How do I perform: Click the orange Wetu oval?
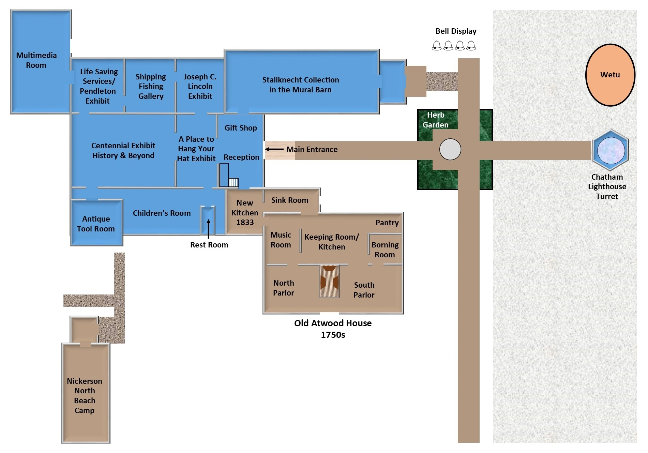[610, 75]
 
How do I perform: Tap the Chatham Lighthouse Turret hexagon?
[611, 150]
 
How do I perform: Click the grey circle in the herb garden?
[450, 149]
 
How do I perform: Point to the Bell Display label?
[456, 31]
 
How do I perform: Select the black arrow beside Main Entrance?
[274, 149]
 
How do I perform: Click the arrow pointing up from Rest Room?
[208, 229]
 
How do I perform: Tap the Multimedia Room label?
[36, 60]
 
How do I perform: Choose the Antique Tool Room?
[96, 223]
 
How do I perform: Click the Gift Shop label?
[241, 128]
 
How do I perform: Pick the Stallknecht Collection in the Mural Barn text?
[300, 85]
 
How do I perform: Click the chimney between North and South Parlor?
[329, 281]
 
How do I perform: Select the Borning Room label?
[385, 250]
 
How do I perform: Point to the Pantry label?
[387, 223]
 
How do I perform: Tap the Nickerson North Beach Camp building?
[86, 393]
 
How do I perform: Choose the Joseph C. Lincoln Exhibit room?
[200, 86]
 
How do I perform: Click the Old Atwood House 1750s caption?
[333, 329]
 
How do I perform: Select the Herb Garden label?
[436, 120]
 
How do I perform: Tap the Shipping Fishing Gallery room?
[150, 86]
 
